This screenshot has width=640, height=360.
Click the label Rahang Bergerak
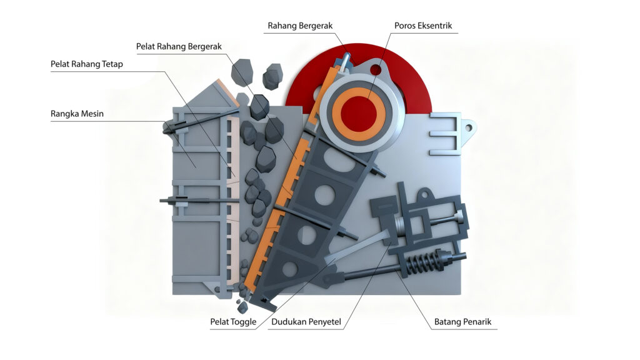coord(300,26)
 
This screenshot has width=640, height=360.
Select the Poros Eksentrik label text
coord(422,26)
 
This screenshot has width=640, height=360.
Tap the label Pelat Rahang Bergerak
coord(179,46)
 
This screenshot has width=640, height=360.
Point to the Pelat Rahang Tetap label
coord(87,64)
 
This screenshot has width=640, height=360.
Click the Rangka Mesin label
coord(77,114)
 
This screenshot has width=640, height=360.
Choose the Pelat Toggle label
coord(233,322)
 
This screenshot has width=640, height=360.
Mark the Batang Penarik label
coord(463,322)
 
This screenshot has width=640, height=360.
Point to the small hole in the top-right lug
coord(467,127)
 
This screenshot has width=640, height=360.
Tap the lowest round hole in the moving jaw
coord(289,269)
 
